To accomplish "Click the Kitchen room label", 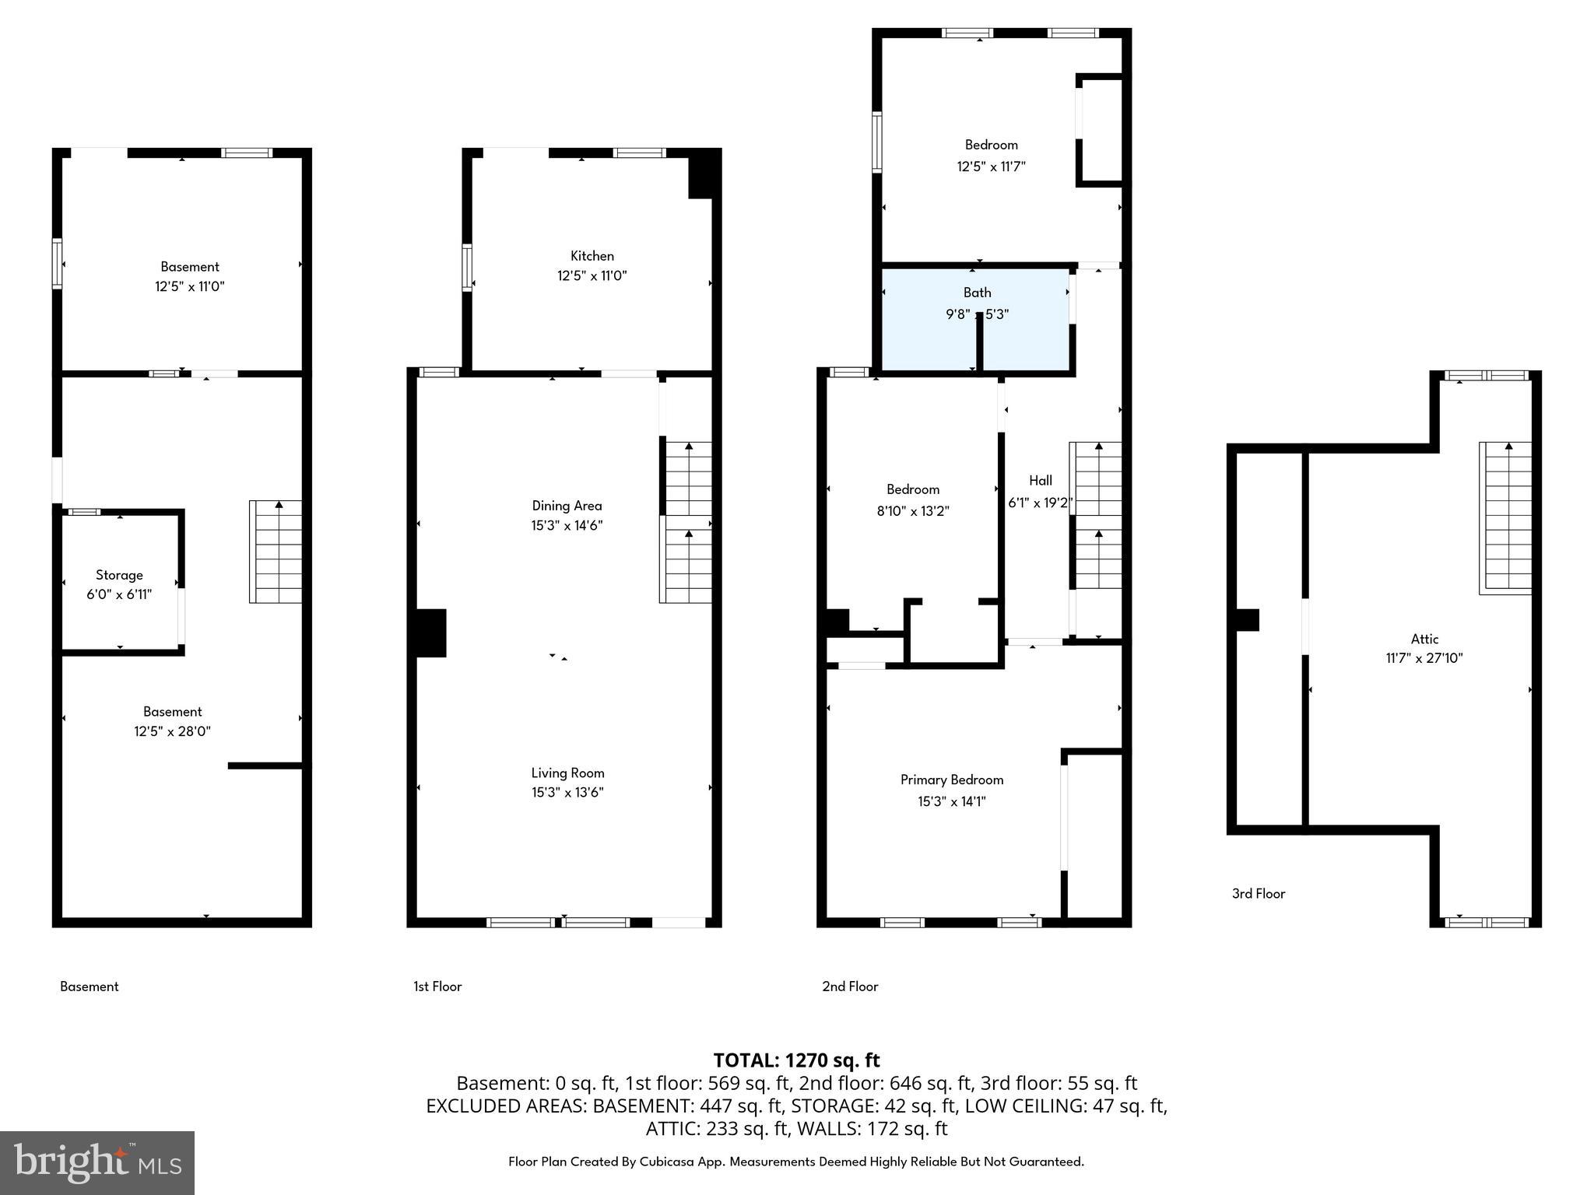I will [x=592, y=256].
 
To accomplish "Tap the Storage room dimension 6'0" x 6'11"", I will [x=119, y=595].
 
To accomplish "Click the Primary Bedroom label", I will [x=951, y=780].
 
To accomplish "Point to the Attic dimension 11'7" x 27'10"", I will [x=1424, y=658].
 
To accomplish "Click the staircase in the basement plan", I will [x=276, y=552].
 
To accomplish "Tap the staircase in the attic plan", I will [x=1505, y=518].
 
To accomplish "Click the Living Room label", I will [x=567, y=773].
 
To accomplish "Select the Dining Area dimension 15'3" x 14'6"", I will [x=567, y=526].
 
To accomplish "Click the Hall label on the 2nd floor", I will [x=1041, y=481].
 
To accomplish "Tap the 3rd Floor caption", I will [x=1258, y=894].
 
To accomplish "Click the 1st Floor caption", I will [x=437, y=986].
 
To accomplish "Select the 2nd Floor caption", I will [x=850, y=986].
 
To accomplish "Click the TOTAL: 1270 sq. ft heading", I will [x=796, y=1060].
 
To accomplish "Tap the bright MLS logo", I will [x=97, y=1162].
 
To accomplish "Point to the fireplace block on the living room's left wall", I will [x=430, y=633].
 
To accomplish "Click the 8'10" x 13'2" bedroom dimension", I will [x=912, y=511].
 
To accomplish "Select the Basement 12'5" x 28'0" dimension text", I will [x=172, y=731].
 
